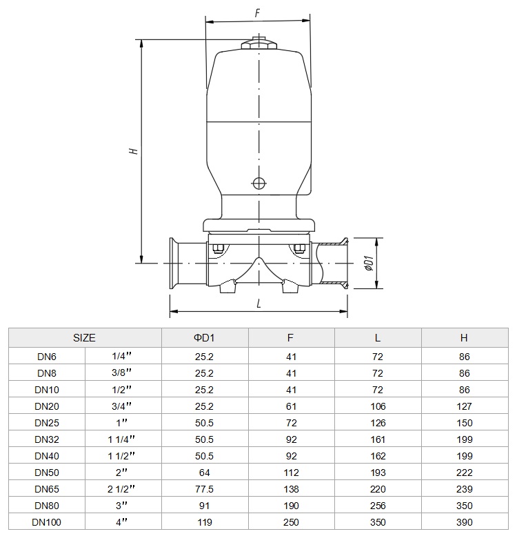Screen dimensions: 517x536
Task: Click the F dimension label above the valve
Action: (x=258, y=13)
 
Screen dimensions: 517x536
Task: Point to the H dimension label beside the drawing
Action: (x=134, y=151)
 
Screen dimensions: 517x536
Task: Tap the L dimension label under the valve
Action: (x=258, y=304)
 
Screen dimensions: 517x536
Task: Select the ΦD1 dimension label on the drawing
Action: (x=369, y=263)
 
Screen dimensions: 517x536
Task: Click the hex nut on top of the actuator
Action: (x=258, y=45)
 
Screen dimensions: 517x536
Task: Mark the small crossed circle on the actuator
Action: (x=258, y=183)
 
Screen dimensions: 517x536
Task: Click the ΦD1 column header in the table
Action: (x=204, y=338)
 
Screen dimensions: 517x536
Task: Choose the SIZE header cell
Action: (x=84, y=338)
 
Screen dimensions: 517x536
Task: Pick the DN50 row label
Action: (x=47, y=473)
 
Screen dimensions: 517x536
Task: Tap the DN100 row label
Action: (x=46, y=522)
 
